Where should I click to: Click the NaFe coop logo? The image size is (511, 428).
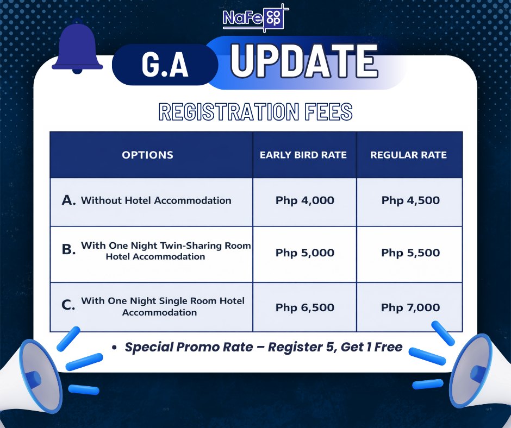click(255, 18)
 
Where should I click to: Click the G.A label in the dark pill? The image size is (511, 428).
click(165, 65)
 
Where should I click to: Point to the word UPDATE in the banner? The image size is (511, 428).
click(304, 61)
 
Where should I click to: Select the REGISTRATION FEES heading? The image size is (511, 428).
click(255, 112)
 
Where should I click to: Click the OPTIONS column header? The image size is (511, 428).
click(148, 155)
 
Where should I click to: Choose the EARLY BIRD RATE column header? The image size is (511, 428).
click(303, 155)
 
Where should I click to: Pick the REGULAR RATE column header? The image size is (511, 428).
click(408, 155)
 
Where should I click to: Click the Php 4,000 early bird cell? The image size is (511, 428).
click(305, 200)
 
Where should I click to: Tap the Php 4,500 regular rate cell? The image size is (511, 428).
click(410, 200)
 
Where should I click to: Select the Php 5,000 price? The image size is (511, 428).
click(305, 253)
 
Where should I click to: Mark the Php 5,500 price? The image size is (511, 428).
click(410, 253)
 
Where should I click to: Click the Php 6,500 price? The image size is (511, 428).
click(305, 307)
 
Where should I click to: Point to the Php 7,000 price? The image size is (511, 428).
click(410, 307)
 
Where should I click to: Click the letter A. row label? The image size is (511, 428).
click(68, 200)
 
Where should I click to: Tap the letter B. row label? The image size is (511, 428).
click(68, 249)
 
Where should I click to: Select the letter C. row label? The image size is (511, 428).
click(68, 305)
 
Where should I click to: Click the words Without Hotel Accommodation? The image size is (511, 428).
click(156, 200)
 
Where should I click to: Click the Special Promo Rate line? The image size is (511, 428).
click(264, 347)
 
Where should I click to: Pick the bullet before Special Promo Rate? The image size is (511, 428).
click(114, 348)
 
